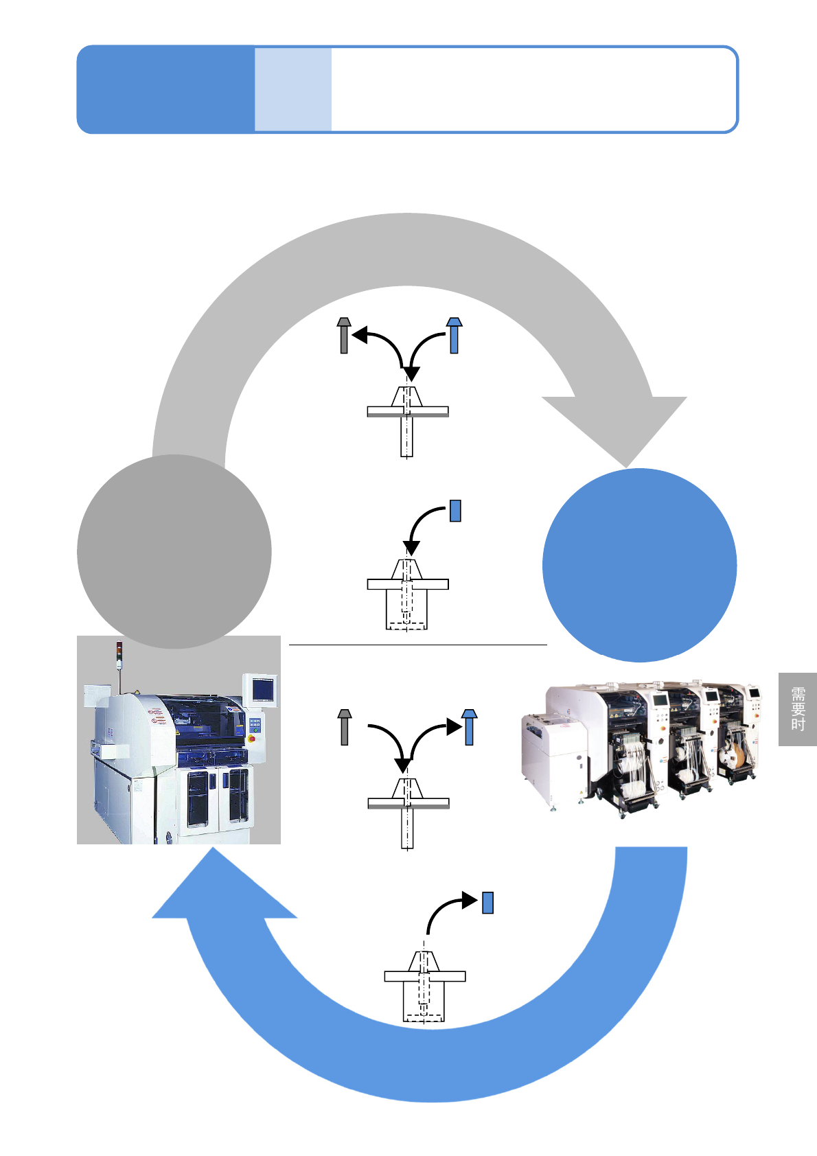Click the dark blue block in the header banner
click(165, 89)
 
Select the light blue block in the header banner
click(293, 89)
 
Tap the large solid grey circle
click(174, 551)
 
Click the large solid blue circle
click(639, 565)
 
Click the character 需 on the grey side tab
click(798, 694)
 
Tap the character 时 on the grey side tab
click(798, 724)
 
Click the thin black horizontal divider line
click(417, 645)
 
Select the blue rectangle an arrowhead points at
click(487, 902)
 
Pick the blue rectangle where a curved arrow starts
click(454, 511)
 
